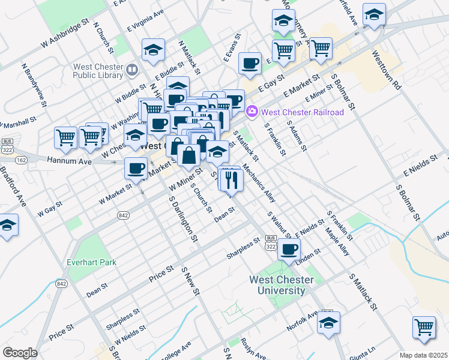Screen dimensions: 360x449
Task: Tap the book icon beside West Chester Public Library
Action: (131, 71)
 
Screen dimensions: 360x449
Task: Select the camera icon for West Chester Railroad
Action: (253, 112)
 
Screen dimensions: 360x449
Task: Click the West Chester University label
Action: (281, 285)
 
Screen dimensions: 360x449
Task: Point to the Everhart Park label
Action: (92, 262)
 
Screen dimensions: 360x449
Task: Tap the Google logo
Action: (19, 353)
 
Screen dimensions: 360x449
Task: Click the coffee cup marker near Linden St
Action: (289, 249)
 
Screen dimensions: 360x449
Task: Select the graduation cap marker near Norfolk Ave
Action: (328, 323)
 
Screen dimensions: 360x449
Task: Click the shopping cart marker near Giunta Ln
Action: (424, 328)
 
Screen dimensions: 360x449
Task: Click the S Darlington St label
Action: (183, 219)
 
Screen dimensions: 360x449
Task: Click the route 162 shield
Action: (21, 160)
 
